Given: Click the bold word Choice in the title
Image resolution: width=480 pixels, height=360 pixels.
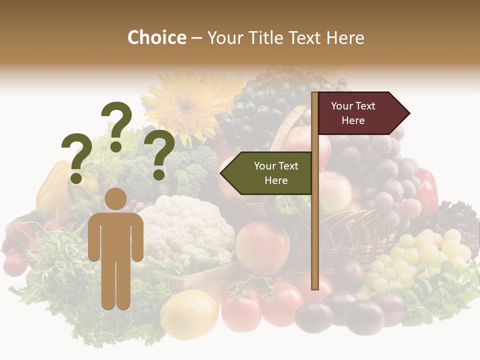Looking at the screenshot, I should click(x=156, y=38).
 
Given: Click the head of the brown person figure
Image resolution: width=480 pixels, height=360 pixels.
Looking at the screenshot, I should click(x=116, y=199).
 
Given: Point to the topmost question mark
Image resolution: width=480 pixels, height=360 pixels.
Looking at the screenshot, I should click(x=116, y=125).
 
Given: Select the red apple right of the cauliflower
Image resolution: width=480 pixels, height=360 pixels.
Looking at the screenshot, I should click(x=262, y=248).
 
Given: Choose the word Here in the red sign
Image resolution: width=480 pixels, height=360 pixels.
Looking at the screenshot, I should click(x=353, y=120).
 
